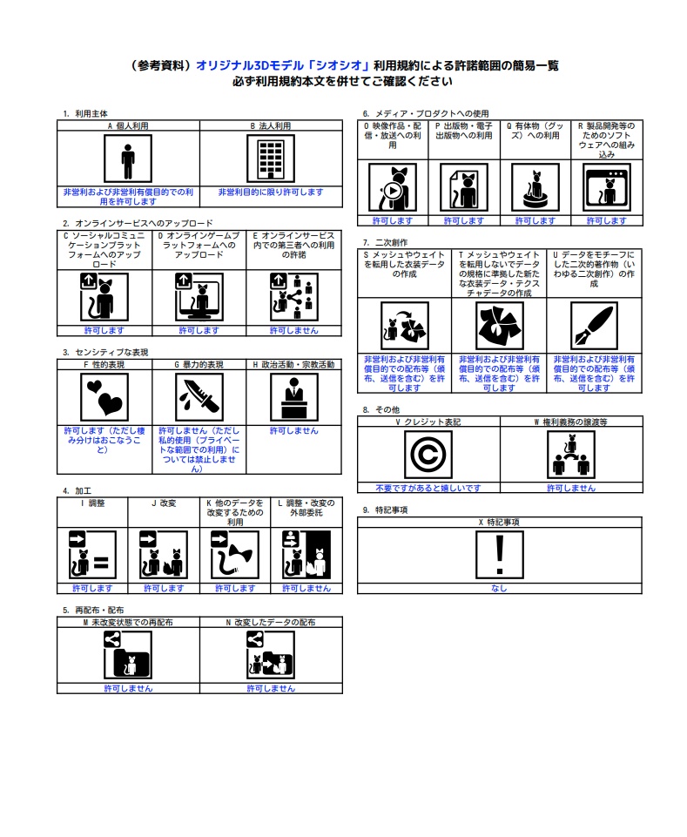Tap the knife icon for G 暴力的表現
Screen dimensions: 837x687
click(x=199, y=396)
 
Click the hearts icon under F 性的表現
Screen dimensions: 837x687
click(x=104, y=396)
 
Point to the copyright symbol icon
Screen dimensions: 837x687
click(x=428, y=454)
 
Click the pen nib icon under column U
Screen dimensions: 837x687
click(x=594, y=326)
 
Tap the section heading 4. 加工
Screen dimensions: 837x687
click(x=77, y=491)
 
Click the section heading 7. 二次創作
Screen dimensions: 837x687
click(x=385, y=241)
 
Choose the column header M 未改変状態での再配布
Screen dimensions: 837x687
click(x=128, y=623)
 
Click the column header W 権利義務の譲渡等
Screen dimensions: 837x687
click(x=571, y=422)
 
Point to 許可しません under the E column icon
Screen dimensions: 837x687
click(x=293, y=331)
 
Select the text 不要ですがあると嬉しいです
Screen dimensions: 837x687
click(x=428, y=488)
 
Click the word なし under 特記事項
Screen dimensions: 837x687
click(x=499, y=588)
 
